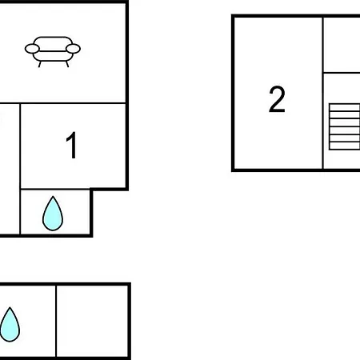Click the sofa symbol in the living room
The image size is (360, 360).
[53, 51]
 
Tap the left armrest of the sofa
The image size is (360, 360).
[32, 49]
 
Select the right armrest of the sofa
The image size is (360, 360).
[73, 49]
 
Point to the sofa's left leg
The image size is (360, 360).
[40, 64]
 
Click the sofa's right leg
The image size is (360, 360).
[67, 64]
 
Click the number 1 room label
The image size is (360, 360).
[72, 145]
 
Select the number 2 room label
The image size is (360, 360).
[277, 99]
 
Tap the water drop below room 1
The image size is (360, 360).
[53, 214]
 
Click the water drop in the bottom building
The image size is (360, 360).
[10, 325]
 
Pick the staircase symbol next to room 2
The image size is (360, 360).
[345, 126]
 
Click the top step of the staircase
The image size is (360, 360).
[345, 107]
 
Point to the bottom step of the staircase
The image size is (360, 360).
[345, 146]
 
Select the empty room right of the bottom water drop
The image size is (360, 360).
[92, 321]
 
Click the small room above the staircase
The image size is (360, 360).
[342, 45]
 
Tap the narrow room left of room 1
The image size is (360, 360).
[10, 169]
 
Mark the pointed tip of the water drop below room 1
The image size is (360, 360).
[53, 197]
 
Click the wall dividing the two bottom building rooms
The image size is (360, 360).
[56, 321]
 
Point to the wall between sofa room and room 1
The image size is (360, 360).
[63, 103]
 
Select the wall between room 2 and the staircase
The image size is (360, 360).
[323, 93]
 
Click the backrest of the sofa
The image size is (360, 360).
[53, 44]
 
